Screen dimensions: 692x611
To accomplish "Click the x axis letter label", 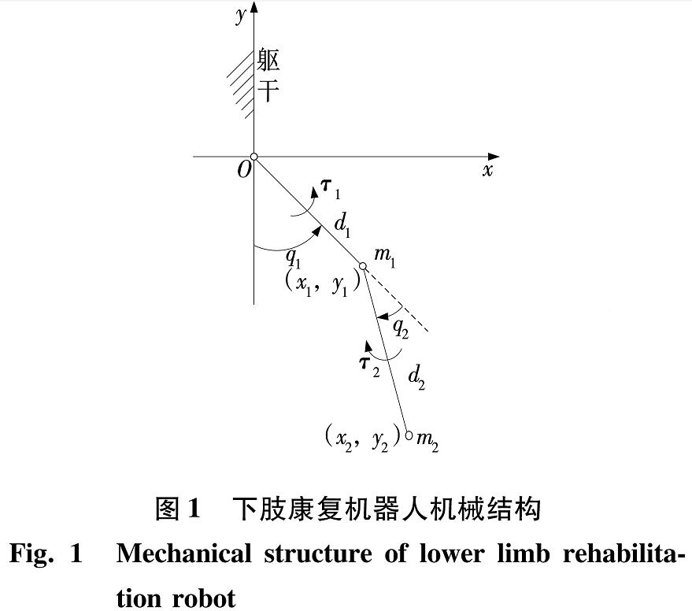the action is coord(487,170).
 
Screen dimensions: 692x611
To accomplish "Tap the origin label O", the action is coord(244,169).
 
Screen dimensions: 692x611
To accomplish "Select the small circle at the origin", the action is coord(253,157).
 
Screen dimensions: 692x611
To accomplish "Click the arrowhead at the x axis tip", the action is coord(494,157).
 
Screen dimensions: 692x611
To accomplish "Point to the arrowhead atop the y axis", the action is coord(253,8).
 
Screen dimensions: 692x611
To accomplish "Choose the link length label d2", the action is coord(416,378).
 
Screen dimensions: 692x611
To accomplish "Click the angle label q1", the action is coord(293,258).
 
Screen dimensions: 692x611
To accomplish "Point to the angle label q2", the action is coord(401,328).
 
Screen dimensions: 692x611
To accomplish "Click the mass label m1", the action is coord(384,257).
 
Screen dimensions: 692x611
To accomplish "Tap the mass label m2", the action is coord(427,440).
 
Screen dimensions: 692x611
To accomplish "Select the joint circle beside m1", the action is coord(362,266).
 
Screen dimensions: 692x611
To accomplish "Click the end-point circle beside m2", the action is coord(409,435).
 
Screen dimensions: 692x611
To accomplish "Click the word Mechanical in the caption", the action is coord(183,554).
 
